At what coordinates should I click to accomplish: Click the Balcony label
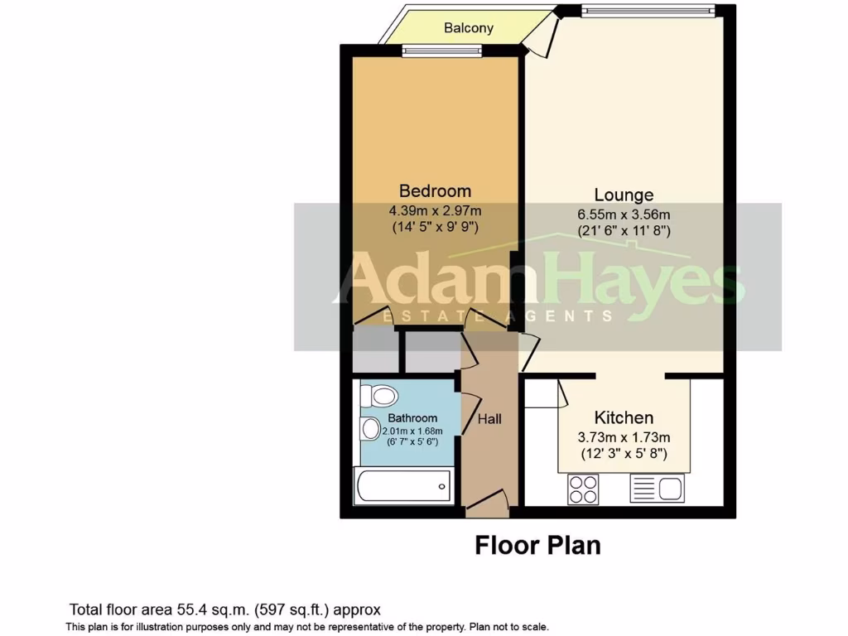coord(468,28)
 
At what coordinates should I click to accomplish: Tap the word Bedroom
coord(435,190)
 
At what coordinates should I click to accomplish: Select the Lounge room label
coord(624,195)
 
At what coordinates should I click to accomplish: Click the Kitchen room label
coord(624,417)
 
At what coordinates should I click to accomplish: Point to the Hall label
coord(489,419)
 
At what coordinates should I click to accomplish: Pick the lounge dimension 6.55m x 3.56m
coord(624,214)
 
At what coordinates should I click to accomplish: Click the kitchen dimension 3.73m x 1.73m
coord(624,436)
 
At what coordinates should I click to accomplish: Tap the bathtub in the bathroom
coord(404,485)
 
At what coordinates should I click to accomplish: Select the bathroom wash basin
coord(369,429)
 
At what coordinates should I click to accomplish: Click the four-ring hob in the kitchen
coord(583,488)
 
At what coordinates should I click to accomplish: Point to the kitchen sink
coord(657,488)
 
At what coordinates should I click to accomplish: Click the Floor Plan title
coord(537,546)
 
